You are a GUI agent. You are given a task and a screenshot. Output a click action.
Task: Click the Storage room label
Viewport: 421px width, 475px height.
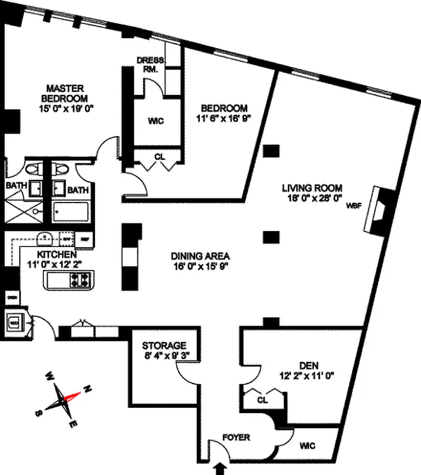pos(164,346)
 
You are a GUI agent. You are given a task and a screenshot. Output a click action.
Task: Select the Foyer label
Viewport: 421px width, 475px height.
pos(236,438)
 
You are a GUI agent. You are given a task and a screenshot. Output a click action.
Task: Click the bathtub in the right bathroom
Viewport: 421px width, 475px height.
pos(71,211)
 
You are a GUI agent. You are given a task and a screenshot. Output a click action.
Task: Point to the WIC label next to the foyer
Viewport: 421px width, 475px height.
pos(307,445)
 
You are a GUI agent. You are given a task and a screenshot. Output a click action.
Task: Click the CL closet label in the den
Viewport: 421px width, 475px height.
pos(262,400)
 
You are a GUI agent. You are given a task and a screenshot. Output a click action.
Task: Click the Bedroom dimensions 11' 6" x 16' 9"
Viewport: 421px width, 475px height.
pos(224,118)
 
